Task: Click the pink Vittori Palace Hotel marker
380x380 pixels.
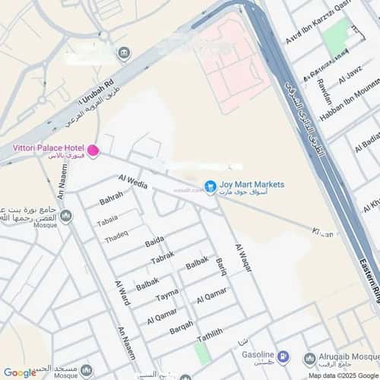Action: (93, 151)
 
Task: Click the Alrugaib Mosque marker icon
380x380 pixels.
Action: (309, 359)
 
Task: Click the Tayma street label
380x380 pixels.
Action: (167, 295)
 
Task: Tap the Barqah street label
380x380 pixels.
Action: (181, 328)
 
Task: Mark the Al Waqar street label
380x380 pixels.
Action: (242, 259)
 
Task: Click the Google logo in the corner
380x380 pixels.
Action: (20, 372)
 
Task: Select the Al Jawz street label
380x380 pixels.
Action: (355, 78)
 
